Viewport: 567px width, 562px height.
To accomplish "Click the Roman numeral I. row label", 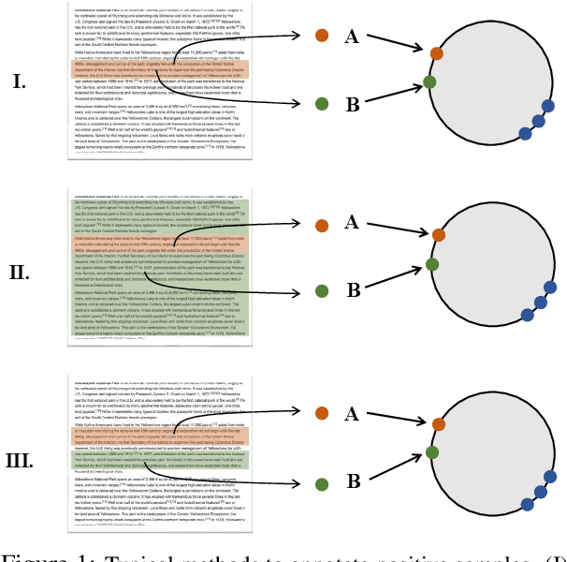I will coord(19,82).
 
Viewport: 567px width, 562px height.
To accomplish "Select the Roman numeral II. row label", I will coord(20,273).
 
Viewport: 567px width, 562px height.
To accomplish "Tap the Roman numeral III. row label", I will coord(20,461).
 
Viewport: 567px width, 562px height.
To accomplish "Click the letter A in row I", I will coord(352,37).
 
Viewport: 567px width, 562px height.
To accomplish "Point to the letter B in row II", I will coord(353,291).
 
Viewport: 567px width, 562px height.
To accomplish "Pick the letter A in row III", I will coord(352,414).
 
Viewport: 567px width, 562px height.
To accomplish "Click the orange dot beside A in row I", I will coord(322,36).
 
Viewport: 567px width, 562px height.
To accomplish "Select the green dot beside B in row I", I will coord(322,104).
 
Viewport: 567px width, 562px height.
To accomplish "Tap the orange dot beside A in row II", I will coord(322,225).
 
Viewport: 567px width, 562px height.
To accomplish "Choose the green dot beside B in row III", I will coord(322,483).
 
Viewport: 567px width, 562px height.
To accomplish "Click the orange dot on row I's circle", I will coord(437,53).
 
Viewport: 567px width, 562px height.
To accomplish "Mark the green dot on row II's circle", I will coord(432,265).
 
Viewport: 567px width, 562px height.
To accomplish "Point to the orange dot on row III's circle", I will coord(438,424).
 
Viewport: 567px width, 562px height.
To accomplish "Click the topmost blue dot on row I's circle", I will coord(547,106).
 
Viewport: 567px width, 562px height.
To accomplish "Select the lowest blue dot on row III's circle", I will coord(527,505).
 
